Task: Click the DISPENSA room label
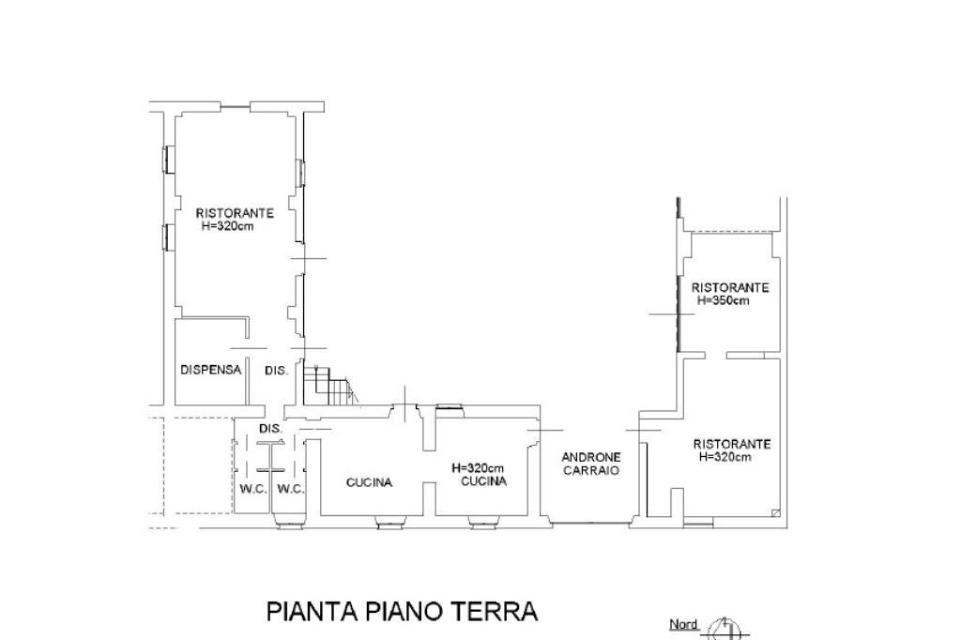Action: pyautogui.click(x=210, y=371)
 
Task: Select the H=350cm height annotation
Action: pyautogui.click(x=722, y=301)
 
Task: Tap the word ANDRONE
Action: pyautogui.click(x=590, y=458)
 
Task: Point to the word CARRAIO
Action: pyautogui.click(x=591, y=471)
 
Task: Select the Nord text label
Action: pyautogui.click(x=683, y=624)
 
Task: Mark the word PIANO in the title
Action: pyautogui.click(x=409, y=612)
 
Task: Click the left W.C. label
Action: pyautogui.click(x=253, y=489)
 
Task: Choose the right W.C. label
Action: pyautogui.click(x=291, y=489)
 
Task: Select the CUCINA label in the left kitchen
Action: pyautogui.click(x=369, y=483)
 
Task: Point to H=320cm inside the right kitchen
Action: pyautogui.click(x=478, y=468)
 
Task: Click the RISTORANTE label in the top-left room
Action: pyautogui.click(x=235, y=213)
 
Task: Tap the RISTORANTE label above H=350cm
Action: pyautogui.click(x=730, y=287)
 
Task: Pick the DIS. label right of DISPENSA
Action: pyautogui.click(x=276, y=371)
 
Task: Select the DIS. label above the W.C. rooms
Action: pyautogui.click(x=270, y=429)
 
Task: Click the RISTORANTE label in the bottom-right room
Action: pyautogui.click(x=732, y=444)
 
